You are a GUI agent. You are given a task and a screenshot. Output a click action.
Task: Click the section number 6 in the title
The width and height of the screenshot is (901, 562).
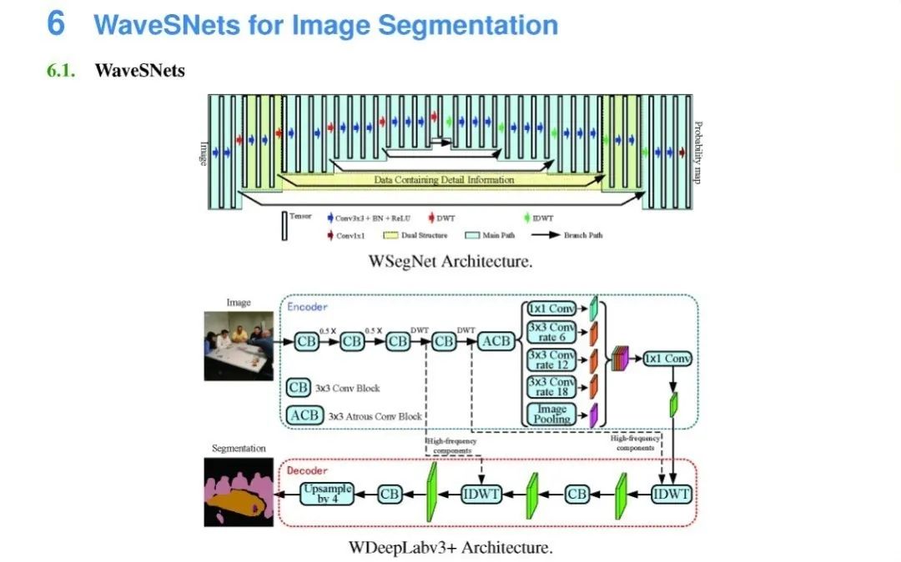click(x=55, y=23)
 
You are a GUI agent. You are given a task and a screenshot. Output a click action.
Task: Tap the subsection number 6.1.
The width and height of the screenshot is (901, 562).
click(x=61, y=70)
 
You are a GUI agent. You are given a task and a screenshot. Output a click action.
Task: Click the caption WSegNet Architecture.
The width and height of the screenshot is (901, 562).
click(x=450, y=262)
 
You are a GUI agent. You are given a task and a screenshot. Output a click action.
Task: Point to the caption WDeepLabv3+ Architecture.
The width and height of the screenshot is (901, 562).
click(x=450, y=548)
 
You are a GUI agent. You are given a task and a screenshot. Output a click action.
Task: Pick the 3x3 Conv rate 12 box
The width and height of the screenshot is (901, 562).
click(x=551, y=360)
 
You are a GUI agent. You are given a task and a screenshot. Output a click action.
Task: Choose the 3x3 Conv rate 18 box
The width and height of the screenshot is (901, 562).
click(x=551, y=387)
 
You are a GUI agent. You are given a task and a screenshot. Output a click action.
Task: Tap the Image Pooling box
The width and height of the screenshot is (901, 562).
click(x=551, y=414)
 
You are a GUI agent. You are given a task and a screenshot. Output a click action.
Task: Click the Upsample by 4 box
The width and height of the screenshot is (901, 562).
click(x=327, y=494)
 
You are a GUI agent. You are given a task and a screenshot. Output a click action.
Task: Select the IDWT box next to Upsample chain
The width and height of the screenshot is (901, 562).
click(x=481, y=494)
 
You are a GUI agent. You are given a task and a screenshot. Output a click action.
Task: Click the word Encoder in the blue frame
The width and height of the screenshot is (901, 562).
click(x=308, y=307)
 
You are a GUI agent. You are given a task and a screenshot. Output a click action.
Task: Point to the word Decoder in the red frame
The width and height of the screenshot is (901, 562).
click(x=308, y=470)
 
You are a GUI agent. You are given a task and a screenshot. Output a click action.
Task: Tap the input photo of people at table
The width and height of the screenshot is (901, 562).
click(x=239, y=345)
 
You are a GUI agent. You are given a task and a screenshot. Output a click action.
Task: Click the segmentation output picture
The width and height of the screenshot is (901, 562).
click(x=239, y=491)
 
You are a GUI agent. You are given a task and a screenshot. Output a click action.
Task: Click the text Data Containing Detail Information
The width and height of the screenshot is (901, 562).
click(x=444, y=179)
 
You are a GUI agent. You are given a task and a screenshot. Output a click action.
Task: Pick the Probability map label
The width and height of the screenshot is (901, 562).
click(x=699, y=153)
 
